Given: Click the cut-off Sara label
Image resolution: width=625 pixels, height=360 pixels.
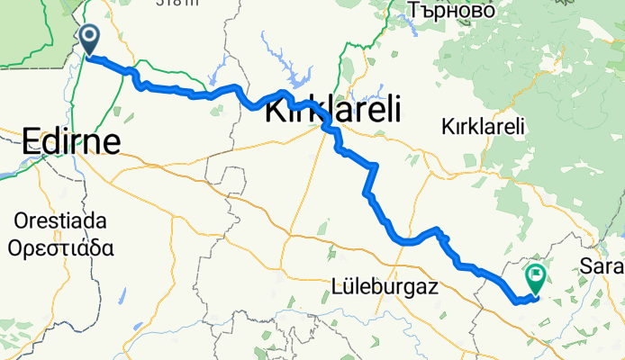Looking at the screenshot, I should tap(602, 267).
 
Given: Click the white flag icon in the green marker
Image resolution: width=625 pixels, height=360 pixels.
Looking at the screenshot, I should tap(537, 275).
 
